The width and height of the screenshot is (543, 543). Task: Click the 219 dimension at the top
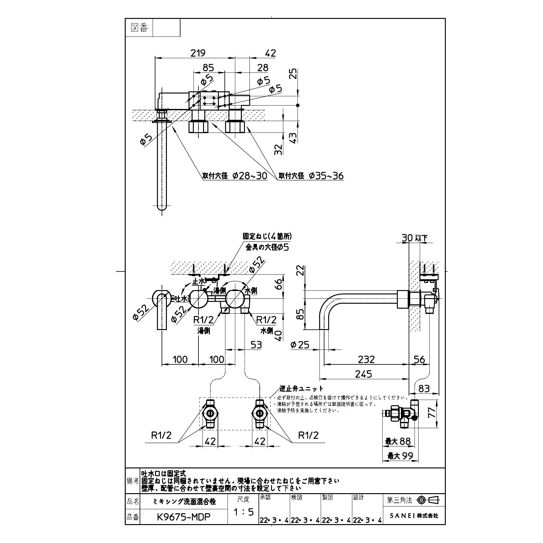click(x=198, y=53)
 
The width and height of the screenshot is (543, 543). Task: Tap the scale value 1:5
click(x=243, y=512)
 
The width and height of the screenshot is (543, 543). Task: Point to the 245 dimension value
click(x=363, y=374)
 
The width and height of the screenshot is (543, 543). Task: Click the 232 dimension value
click(x=366, y=359)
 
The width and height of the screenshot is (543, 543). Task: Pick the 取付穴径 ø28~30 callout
click(x=235, y=176)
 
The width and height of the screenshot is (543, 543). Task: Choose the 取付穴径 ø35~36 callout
click(x=311, y=176)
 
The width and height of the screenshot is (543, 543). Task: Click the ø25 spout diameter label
click(x=300, y=345)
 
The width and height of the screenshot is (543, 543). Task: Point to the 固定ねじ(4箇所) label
click(x=267, y=236)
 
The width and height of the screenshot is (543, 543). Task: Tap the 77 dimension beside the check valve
click(x=433, y=413)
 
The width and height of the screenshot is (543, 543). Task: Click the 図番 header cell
click(x=139, y=28)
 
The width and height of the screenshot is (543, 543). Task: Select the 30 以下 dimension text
click(x=414, y=238)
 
